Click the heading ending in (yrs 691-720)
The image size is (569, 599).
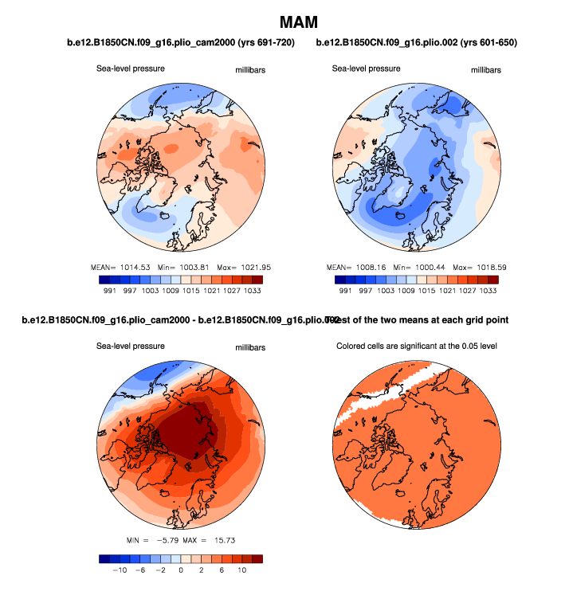coord(180,42)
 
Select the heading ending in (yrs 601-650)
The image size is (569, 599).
coord(416,42)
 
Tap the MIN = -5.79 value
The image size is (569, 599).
coord(154,542)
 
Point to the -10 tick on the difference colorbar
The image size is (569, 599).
coord(121,570)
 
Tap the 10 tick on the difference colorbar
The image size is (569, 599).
coord(241,570)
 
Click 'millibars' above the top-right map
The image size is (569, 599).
coord(486,70)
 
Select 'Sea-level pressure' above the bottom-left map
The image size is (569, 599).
coord(131,346)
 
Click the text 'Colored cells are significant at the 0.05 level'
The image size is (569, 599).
coord(420,346)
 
